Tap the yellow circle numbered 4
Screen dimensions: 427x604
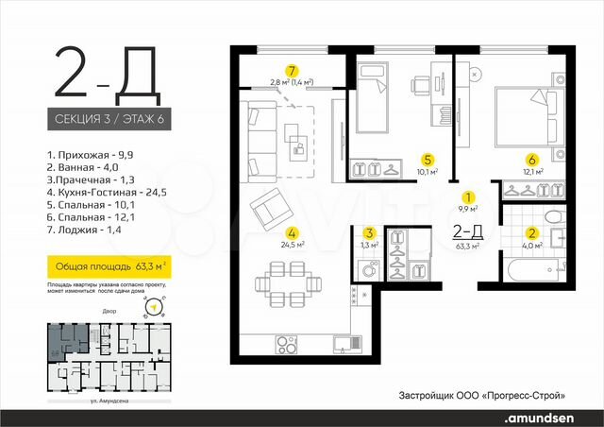click(x=294, y=231)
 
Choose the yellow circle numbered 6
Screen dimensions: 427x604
click(x=428, y=160)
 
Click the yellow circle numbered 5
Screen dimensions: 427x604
click(x=532, y=160)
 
